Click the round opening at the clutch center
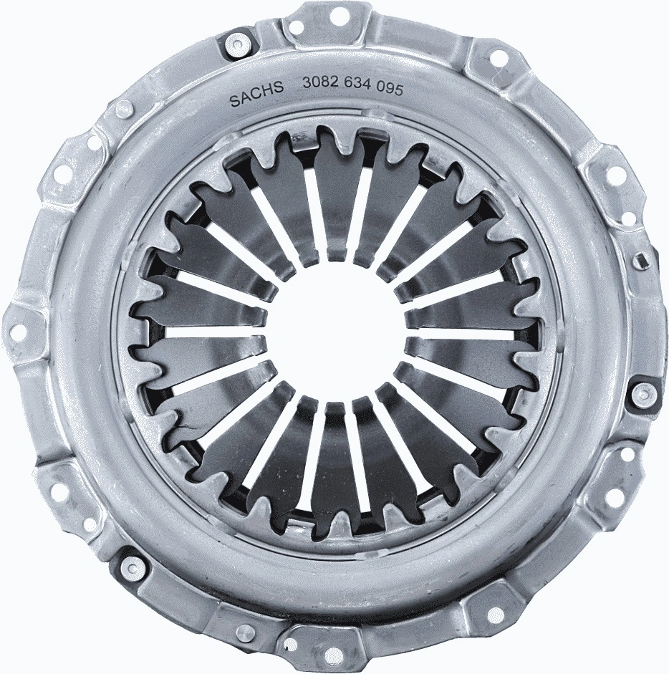335,334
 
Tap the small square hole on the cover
642,261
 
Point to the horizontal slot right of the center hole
462,334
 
